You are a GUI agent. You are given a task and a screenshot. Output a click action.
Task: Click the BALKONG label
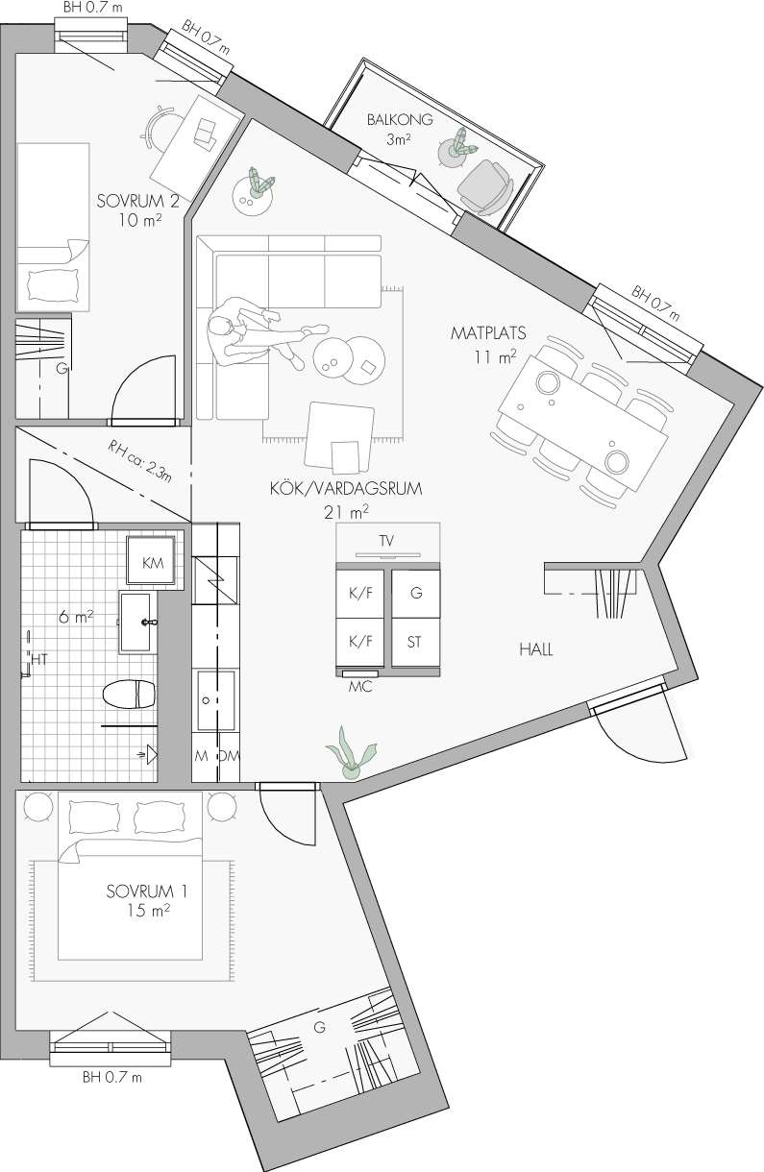pos(400,120)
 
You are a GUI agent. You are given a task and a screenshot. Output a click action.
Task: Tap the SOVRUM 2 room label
pos(138,201)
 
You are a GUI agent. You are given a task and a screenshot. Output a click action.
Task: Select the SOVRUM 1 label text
pos(147,891)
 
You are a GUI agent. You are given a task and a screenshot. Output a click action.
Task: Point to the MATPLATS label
pos(488,332)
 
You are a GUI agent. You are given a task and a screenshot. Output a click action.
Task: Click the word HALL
pos(536,649)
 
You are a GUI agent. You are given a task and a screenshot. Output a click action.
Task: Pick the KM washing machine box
pos(150,560)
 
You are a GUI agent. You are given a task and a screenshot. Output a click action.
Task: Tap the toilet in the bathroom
pos(129,695)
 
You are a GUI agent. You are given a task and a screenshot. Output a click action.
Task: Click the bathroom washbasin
pos(138,623)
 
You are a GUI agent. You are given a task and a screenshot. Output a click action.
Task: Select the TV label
pos(386,541)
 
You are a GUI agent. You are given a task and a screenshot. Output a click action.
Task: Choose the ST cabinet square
pos(415,643)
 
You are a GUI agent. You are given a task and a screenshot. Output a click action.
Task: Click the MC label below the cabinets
pos(360,686)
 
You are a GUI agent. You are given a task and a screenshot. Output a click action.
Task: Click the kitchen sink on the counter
pos(215,700)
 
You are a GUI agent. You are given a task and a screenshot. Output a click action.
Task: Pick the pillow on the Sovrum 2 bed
pos(52,285)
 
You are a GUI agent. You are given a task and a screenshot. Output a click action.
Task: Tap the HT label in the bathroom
pos(39,660)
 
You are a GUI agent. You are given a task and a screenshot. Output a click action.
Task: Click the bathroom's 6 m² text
pos(77,617)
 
